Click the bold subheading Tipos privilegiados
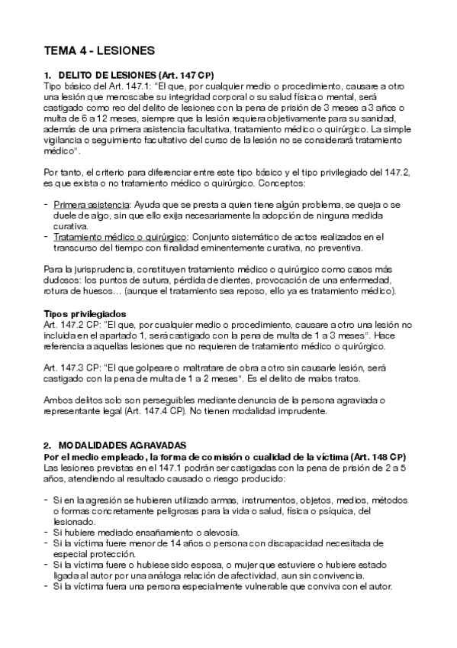[85, 313]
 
